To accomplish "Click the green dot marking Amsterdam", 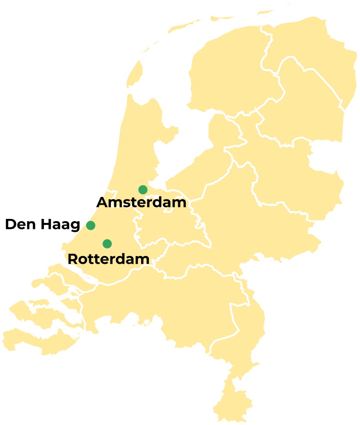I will coord(143,190).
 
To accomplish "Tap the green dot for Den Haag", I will coord(91,225).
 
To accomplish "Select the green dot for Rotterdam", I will coord(107,243).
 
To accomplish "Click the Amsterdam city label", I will coord(142,203).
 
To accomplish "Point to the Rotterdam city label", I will coord(108,259).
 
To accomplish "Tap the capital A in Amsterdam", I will coord(103,203).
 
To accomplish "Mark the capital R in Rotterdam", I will coord(73,259).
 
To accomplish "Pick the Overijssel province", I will coord(293,179).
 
